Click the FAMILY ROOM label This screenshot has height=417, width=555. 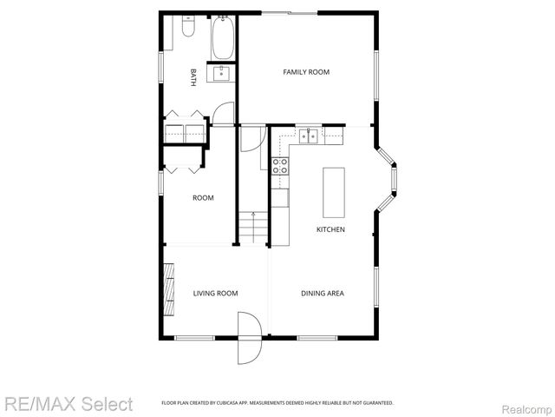[306, 72]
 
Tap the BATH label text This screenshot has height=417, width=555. [193, 77]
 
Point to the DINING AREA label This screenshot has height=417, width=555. [322, 294]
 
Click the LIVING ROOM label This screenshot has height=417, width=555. [215, 294]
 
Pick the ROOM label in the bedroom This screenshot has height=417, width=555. [203, 198]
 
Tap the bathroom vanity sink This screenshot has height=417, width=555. [223, 73]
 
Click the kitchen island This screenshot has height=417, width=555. [334, 192]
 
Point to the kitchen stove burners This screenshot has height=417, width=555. [280, 165]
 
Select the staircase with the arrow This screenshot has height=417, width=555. [251, 228]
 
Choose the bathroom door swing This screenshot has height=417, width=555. [225, 115]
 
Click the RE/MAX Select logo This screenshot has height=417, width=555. [69, 404]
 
